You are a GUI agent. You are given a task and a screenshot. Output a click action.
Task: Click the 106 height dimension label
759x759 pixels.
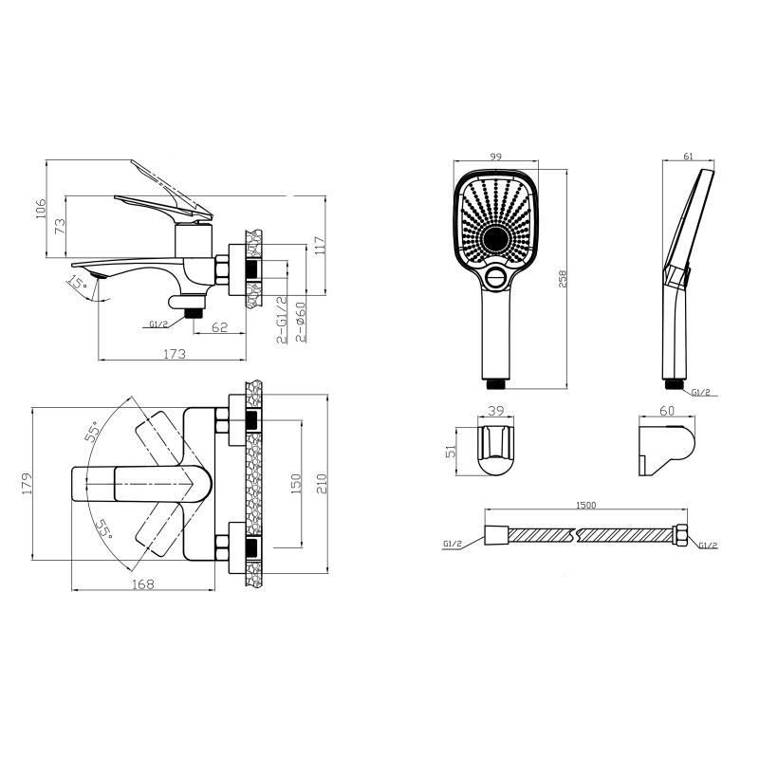coord(41,209)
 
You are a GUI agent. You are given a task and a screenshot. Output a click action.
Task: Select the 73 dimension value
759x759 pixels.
coord(60,226)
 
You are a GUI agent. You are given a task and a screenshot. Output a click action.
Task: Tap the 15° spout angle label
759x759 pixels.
coord(78,282)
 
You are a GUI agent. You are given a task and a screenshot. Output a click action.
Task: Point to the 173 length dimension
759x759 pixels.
coord(175,354)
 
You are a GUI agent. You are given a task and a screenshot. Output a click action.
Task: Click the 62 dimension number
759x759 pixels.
coord(219,327)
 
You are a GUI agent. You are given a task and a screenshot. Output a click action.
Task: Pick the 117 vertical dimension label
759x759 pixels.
coord(320,248)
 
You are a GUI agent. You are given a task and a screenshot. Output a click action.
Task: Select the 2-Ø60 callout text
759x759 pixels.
coord(300,322)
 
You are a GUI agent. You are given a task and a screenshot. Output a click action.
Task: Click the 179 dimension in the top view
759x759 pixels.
coord(27,483)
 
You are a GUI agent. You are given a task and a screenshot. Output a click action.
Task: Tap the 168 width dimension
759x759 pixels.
coord(143,584)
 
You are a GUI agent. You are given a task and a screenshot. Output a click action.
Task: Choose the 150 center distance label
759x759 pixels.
coord(295,484)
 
